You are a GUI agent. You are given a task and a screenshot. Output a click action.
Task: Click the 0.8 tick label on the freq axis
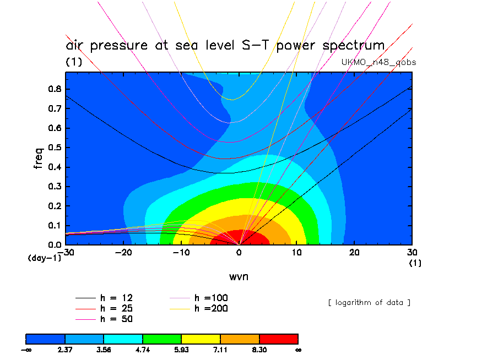tap(53, 89)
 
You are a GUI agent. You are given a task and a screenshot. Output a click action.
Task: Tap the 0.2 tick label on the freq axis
tap(53, 206)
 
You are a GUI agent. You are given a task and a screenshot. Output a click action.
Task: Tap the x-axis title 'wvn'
tap(239, 276)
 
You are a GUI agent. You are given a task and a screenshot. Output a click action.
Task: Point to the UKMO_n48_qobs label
tap(379, 62)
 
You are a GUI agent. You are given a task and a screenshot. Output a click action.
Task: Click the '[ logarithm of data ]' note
tap(369, 302)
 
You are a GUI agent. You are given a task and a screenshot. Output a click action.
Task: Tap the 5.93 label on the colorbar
tap(182, 350)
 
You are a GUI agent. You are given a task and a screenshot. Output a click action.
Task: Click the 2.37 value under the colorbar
tap(65, 350)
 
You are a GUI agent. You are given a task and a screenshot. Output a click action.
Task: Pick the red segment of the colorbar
tap(279, 339)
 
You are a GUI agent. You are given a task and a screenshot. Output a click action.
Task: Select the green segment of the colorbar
tap(162, 339)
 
